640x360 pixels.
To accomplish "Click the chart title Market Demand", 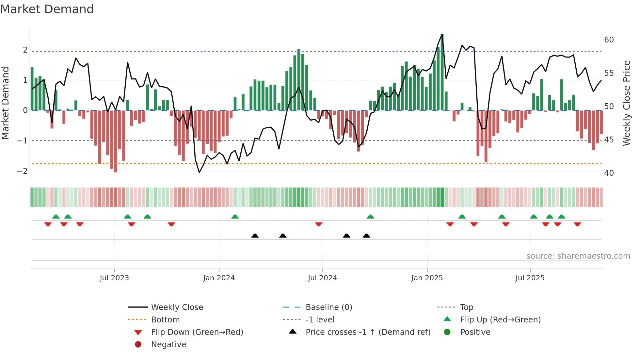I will [x=47, y=9].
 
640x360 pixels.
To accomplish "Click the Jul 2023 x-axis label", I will [x=114, y=278].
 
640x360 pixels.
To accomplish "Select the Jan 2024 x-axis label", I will [x=219, y=278].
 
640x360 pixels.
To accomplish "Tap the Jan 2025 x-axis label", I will [x=427, y=278].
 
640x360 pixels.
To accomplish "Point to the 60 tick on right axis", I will [x=609, y=40].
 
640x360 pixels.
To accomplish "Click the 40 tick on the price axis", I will [x=609, y=173].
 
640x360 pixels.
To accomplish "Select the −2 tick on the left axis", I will [x=22, y=171].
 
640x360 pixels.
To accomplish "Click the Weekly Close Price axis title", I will [x=626, y=103].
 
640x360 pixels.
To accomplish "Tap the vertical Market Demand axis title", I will [x=6, y=103].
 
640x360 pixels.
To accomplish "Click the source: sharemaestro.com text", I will [x=578, y=256].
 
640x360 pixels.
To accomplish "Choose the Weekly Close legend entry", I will [x=177, y=307].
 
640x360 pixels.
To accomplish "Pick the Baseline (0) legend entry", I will [x=328, y=307].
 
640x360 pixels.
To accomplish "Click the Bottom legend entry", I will [x=165, y=320].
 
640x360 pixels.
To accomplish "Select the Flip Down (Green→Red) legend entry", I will [x=197, y=332].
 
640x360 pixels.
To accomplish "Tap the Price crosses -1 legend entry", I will [x=368, y=332].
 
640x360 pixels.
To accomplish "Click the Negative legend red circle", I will [x=138, y=345].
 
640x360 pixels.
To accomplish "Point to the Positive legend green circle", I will [x=447, y=332].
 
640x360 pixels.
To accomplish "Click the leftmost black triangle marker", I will [x=255, y=236].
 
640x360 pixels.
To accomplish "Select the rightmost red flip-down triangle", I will [x=577, y=224].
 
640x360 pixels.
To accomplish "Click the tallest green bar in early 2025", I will [x=442, y=72].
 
